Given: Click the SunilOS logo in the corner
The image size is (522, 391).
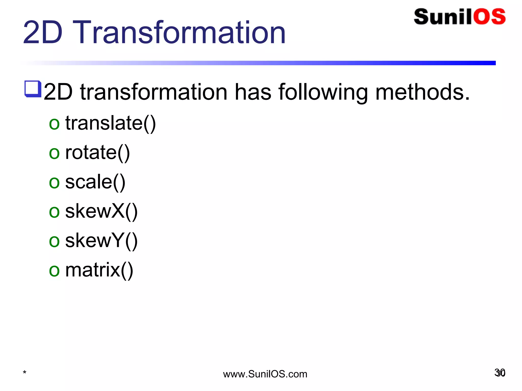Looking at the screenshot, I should point(460,17).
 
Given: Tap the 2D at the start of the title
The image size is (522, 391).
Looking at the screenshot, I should point(43,33).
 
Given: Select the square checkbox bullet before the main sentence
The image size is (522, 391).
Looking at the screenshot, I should point(33,89).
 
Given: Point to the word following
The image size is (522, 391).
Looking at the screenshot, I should point(323,92).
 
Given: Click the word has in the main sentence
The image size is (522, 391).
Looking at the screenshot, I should point(253,92).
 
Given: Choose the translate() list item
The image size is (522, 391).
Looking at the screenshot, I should point(110,123).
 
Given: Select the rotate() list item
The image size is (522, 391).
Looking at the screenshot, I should point(97,152).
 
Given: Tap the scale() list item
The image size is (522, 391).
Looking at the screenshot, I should point(95,182).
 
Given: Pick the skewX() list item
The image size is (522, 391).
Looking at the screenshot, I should point(101,211).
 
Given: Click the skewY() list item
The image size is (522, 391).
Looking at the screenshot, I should point(101,241).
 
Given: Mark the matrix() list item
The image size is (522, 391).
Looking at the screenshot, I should point(99,270).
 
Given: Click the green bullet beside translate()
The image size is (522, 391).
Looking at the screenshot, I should point(54,124).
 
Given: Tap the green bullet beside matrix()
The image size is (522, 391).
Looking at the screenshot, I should point(54,271).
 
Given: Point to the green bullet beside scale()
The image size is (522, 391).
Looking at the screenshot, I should point(54,183).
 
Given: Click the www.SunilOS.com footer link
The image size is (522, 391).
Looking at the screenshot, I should point(265,374).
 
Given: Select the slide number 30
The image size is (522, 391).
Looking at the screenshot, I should point(500,373).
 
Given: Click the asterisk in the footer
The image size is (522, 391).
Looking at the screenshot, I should point(24,373).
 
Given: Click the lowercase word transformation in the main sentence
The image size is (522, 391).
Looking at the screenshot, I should point(153,92).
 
